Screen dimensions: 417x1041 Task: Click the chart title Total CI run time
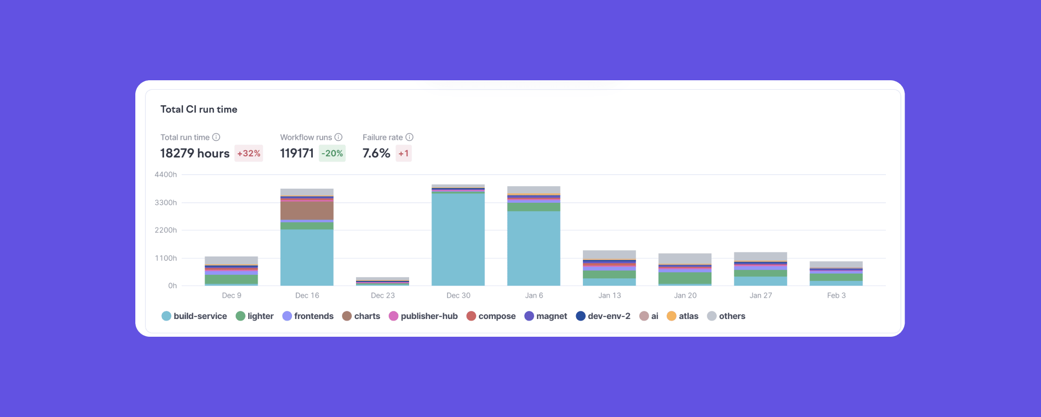[x=199, y=109]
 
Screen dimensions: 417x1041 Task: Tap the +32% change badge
[x=249, y=153]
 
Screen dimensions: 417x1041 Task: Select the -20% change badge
[x=332, y=153]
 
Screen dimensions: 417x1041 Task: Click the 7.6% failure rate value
[x=376, y=153]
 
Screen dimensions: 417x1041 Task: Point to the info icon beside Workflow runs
[x=338, y=137]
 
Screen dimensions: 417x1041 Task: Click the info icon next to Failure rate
[x=410, y=137]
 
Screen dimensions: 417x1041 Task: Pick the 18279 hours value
[x=195, y=153]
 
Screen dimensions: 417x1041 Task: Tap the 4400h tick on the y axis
[x=166, y=175]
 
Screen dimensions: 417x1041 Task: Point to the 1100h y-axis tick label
[x=166, y=258]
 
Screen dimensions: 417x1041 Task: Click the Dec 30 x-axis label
[x=458, y=296]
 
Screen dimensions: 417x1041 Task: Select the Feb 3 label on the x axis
[x=836, y=296]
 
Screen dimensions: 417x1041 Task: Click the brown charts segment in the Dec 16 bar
[x=307, y=211]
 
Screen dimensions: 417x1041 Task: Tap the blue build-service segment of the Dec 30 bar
[x=458, y=240]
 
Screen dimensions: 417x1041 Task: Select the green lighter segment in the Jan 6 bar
[x=534, y=207]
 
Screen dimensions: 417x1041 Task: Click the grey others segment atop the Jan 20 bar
[x=685, y=259]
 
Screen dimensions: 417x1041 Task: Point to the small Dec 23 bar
[x=383, y=281]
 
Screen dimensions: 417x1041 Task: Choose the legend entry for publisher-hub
[x=423, y=316]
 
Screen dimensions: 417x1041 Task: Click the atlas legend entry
[x=682, y=316]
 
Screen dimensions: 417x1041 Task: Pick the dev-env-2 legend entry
[x=603, y=316]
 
